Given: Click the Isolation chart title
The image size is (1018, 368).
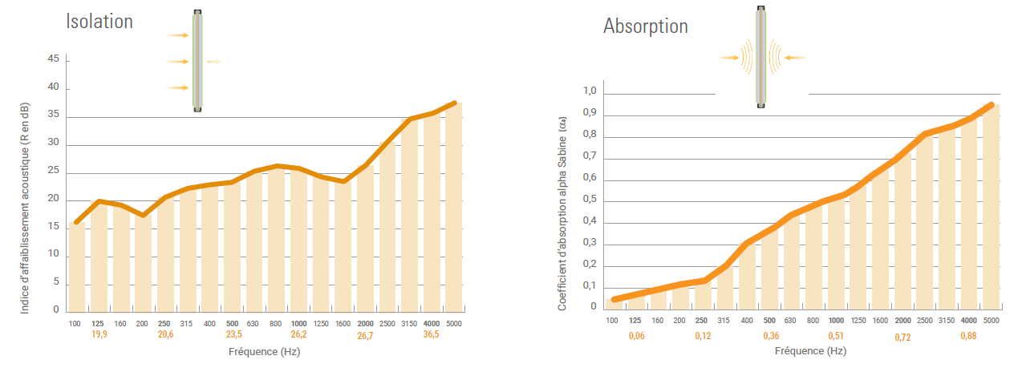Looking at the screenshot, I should coord(99,22).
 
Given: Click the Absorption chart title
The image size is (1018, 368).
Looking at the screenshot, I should coord(645,26).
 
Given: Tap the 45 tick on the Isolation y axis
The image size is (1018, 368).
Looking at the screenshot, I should coord(53,59).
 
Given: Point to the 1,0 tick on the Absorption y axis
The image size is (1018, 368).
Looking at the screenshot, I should coord(590,91).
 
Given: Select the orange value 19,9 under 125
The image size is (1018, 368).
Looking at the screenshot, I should coord(99,334).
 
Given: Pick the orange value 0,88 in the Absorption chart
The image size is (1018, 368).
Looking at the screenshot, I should coord(969,335).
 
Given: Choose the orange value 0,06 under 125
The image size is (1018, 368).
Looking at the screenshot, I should coord(635,335).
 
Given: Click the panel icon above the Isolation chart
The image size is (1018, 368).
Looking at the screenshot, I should coord(197,61).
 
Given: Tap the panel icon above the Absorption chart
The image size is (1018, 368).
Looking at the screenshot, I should coord(760,57).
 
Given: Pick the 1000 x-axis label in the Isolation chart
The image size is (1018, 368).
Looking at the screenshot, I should coord(299,322).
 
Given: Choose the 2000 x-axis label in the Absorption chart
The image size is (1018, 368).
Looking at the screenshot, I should coord(902,321).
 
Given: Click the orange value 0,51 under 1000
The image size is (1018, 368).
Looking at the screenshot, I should coord(836,335).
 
